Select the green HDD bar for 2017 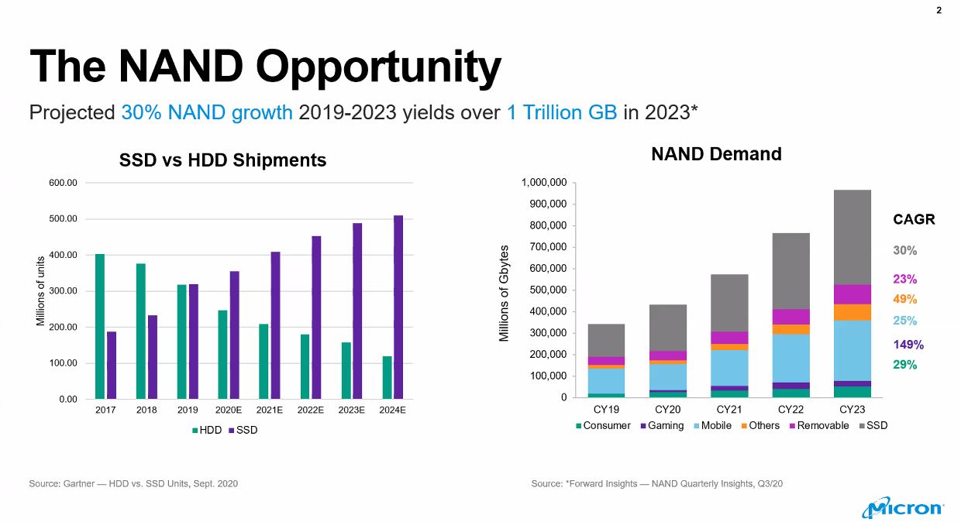99,326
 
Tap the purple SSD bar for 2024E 398,307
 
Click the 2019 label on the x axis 188,411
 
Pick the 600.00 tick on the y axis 64,183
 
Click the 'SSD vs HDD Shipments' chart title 222,160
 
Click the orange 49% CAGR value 904,299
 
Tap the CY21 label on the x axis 729,409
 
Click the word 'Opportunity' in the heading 378,67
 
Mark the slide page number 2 939,11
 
